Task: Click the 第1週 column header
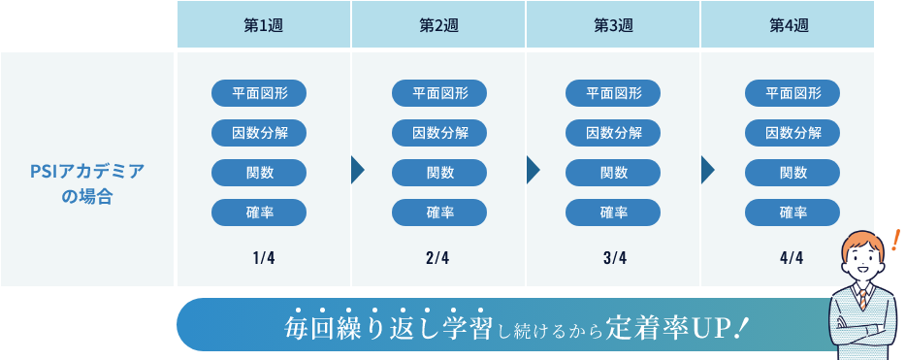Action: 263,25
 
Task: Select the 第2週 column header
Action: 438,25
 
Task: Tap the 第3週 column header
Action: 613,25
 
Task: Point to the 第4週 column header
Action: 789,25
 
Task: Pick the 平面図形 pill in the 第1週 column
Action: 259,93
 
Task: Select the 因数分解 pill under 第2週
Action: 439,133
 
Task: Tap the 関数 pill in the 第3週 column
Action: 613,173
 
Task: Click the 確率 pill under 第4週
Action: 793,213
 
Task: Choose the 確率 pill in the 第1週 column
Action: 259,213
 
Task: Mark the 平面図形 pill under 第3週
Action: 613,93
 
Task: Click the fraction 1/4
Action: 263,257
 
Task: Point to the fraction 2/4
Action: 437,257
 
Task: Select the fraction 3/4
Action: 613,257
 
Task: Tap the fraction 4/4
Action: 791,257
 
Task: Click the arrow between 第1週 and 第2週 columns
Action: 358,171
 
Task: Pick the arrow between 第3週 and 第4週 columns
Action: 707,171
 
